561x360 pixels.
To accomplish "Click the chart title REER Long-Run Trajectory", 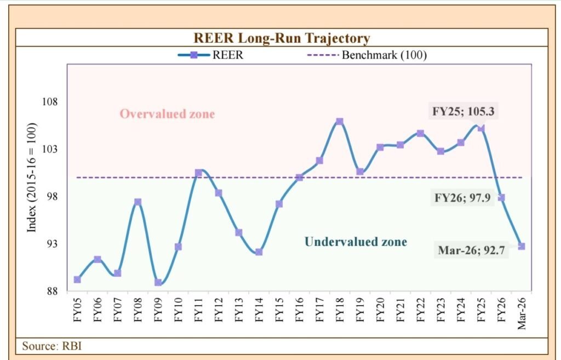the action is point(282,38).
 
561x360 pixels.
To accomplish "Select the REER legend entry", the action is point(210,55).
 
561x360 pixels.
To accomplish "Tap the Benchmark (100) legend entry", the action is point(367,55).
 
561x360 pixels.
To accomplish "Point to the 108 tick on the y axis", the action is point(50,102).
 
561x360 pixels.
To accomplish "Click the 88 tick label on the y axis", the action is point(50,292).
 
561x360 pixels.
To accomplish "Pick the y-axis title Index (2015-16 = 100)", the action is point(32,178).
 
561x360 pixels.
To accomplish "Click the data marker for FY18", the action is point(340,122).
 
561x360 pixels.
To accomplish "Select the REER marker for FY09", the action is point(158,282).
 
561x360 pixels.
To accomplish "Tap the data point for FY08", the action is point(138,202).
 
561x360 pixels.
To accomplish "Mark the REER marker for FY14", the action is point(259,252).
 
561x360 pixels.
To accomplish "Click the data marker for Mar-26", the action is point(522,246).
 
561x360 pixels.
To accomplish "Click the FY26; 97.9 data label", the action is point(462,198).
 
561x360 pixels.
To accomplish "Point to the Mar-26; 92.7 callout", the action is point(471,250).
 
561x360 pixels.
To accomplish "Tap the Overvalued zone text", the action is point(167,114).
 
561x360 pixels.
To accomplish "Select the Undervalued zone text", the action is point(356,242).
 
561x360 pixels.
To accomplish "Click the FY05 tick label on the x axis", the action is point(77,310).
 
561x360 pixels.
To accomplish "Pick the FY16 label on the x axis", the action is point(300,310).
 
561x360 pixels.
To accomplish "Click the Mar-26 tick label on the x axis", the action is point(522,313).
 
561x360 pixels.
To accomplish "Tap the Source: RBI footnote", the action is point(52,346).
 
